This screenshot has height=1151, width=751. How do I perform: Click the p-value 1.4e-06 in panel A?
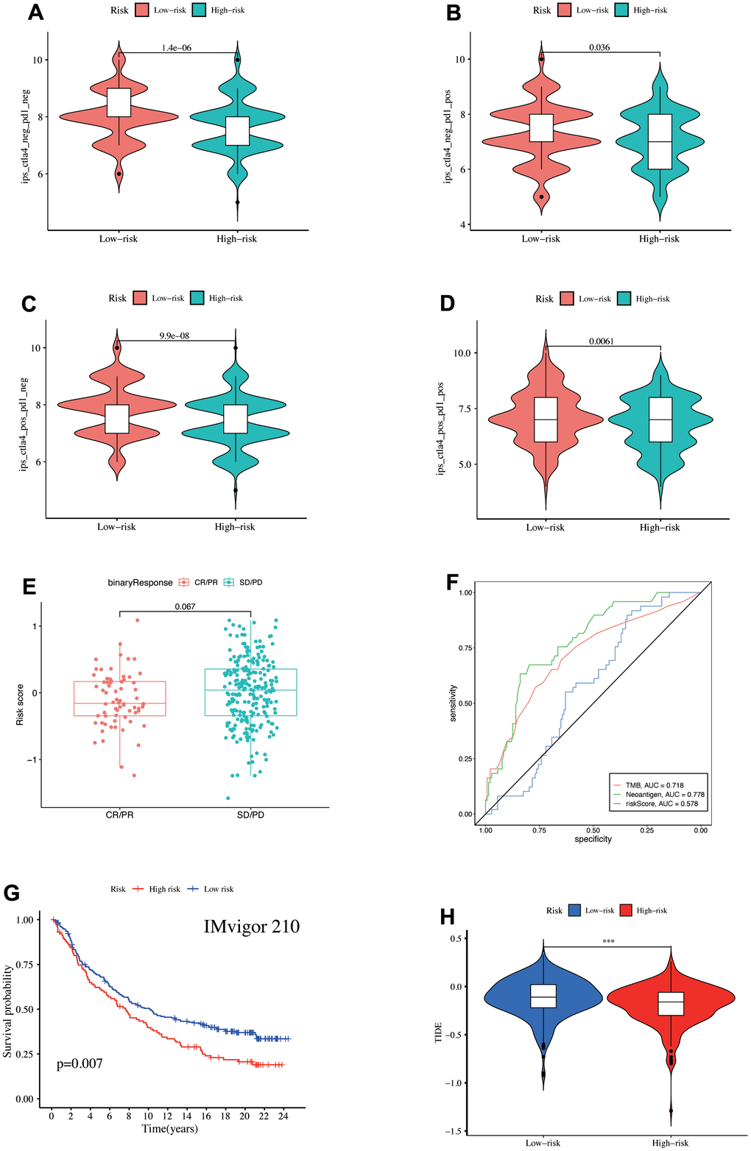click(x=177, y=48)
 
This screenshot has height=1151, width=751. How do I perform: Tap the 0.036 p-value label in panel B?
click(x=599, y=48)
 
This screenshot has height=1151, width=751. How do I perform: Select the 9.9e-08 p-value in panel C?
click(x=174, y=336)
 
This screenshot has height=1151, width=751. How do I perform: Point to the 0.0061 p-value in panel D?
click(x=602, y=341)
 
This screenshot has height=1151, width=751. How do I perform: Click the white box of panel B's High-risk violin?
click(x=660, y=141)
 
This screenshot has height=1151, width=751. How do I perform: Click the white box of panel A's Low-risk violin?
click(x=119, y=102)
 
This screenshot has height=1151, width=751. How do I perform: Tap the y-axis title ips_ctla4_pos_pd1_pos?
click(x=440, y=428)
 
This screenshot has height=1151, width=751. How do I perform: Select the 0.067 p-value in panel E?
click(x=185, y=607)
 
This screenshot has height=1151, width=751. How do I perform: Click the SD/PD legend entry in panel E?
click(x=245, y=582)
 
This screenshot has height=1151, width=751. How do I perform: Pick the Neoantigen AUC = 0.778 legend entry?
click(x=658, y=795)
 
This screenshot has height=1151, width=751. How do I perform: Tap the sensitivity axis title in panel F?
click(x=454, y=703)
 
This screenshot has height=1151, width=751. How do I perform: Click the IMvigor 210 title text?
click(x=252, y=926)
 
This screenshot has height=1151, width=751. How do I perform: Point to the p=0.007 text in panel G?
click(x=80, y=1063)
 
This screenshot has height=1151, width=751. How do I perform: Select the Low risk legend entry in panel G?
click(x=211, y=889)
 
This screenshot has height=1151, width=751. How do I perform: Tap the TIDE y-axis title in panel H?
click(x=439, y=1026)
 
